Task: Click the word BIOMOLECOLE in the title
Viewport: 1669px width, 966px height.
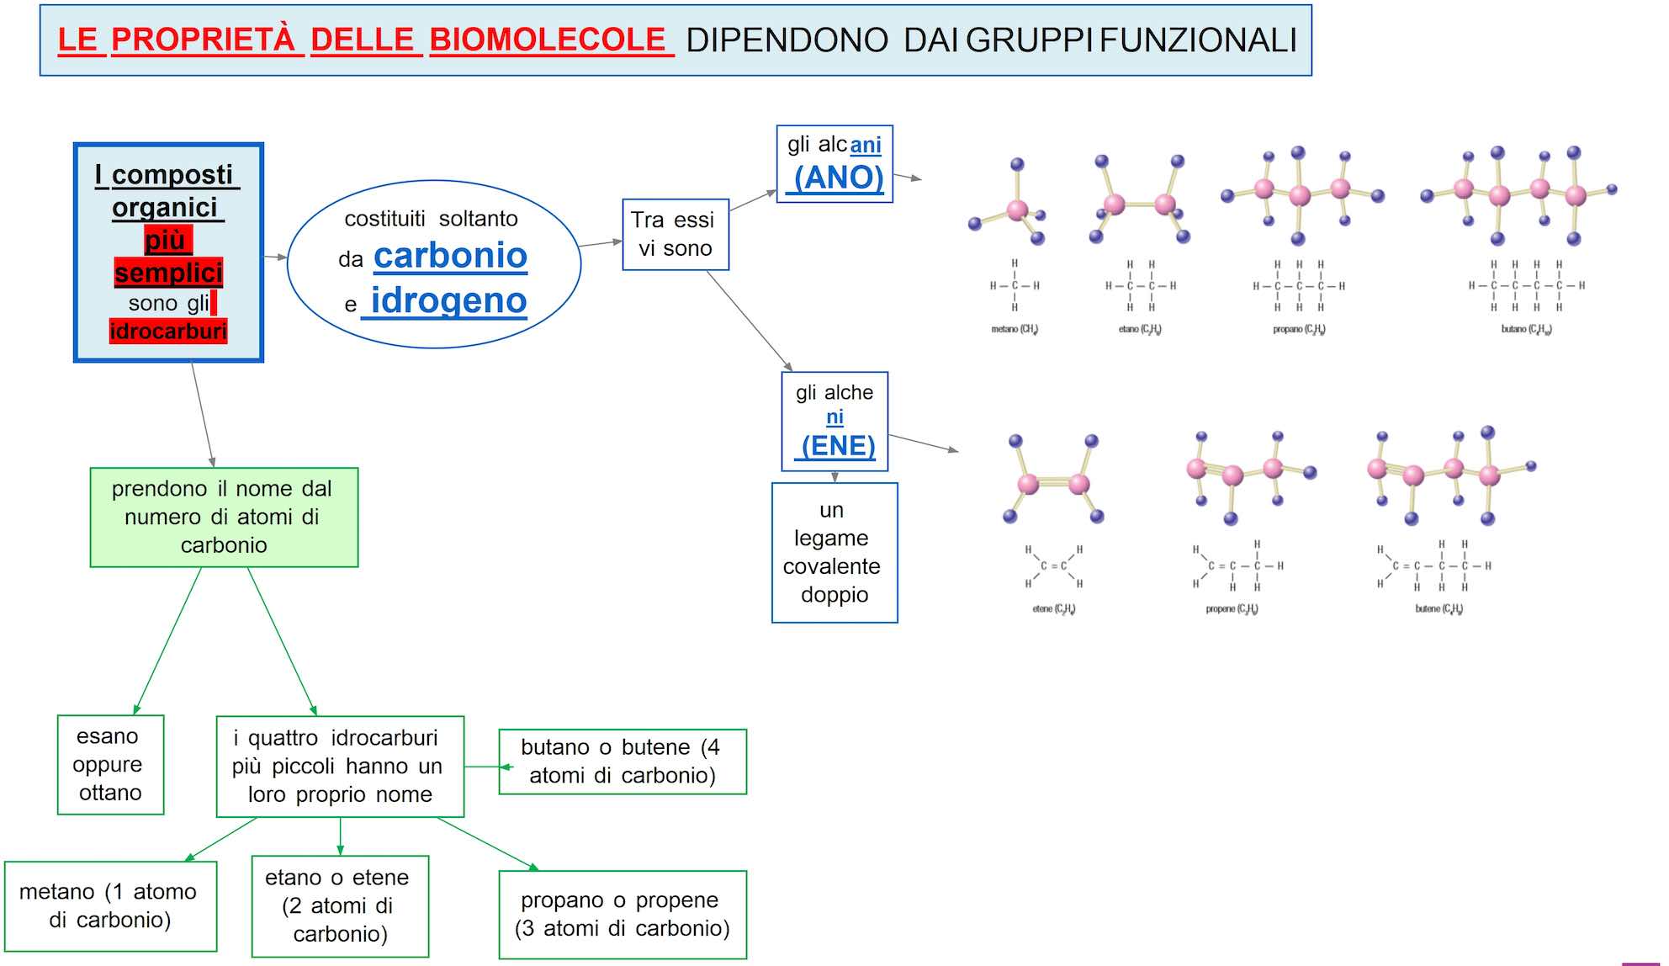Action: tap(548, 40)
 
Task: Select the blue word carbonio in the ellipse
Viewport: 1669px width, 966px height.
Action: tap(450, 255)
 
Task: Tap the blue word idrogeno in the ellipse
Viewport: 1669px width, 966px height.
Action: tap(448, 300)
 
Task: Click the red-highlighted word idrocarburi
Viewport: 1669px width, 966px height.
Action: tap(168, 332)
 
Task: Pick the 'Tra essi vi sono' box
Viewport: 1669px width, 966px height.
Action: tap(675, 234)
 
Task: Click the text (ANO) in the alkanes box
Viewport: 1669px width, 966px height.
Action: tap(839, 178)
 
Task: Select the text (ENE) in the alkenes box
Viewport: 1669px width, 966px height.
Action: tap(838, 445)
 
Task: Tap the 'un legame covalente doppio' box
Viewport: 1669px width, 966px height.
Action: tap(834, 552)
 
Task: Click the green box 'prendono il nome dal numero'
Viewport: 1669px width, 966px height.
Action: tap(224, 517)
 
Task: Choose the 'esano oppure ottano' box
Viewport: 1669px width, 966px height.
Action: tap(110, 764)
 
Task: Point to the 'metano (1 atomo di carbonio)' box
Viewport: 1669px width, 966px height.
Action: tap(110, 905)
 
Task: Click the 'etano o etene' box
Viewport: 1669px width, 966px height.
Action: tap(339, 905)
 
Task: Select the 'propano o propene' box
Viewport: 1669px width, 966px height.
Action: tap(622, 914)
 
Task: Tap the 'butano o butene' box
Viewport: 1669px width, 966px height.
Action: tap(622, 761)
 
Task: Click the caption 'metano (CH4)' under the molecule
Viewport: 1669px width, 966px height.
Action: tap(1015, 329)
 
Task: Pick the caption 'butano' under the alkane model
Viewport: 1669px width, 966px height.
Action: tap(1526, 329)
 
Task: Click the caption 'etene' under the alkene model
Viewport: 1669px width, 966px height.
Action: tap(1053, 608)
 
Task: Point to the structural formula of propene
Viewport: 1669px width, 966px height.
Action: tap(1237, 566)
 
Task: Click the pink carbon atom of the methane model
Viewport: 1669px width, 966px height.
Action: tap(1017, 209)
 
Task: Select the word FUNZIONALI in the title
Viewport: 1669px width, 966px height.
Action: tap(1199, 40)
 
